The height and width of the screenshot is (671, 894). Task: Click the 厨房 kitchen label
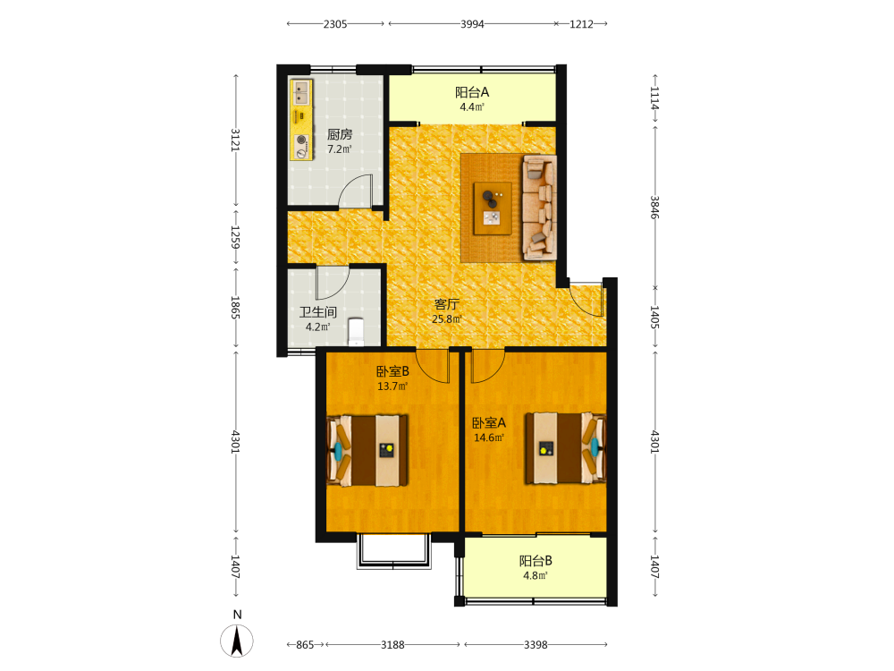tap(339, 135)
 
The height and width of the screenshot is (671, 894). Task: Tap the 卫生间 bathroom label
tap(318, 312)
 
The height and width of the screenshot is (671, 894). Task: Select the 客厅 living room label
tap(446, 304)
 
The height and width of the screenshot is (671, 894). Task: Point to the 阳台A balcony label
tap(472, 92)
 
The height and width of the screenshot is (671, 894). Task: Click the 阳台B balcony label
tap(536, 561)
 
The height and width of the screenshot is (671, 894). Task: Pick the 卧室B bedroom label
tap(392, 371)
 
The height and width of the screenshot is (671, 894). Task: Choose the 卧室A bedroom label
tap(489, 423)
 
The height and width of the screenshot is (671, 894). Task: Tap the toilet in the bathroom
tap(356, 332)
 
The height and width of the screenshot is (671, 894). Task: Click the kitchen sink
tap(301, 92)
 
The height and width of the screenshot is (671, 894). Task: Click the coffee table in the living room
tap(493, 208)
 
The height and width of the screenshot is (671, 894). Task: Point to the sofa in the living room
tap(539, 208)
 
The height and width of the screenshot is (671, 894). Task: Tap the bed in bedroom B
tap(367, 451)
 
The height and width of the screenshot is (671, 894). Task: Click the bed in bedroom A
tap(566, 448)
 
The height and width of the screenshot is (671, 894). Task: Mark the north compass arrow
tap(237, 641)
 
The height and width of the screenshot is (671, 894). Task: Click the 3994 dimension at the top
tap(472, 24)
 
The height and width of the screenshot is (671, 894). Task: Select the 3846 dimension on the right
tap(655, 208)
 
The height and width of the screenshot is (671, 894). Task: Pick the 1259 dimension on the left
tap(235, 237)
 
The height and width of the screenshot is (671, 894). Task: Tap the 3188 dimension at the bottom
tap(392, 645)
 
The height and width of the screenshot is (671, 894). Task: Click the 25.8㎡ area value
tap(446, 319)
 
